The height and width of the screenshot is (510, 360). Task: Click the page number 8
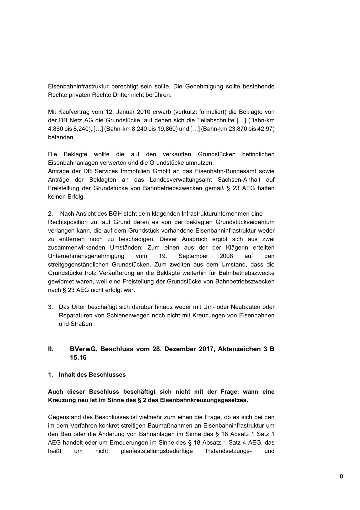341,476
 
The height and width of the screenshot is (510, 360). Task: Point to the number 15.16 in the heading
78,357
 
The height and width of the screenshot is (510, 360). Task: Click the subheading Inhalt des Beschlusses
92,375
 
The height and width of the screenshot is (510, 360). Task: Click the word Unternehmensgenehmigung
86,256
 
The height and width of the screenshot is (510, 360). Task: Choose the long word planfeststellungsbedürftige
157,451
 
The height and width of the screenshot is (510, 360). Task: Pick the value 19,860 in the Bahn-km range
167,129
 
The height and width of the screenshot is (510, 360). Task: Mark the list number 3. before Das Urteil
50,307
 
